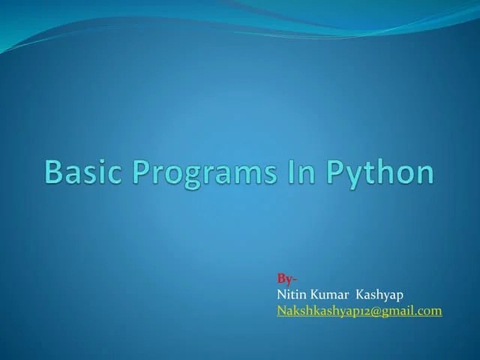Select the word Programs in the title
point(198,172)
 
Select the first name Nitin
point(291,295)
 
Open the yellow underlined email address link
point(359,310)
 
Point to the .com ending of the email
point(430,310)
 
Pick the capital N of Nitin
point(281,295)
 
